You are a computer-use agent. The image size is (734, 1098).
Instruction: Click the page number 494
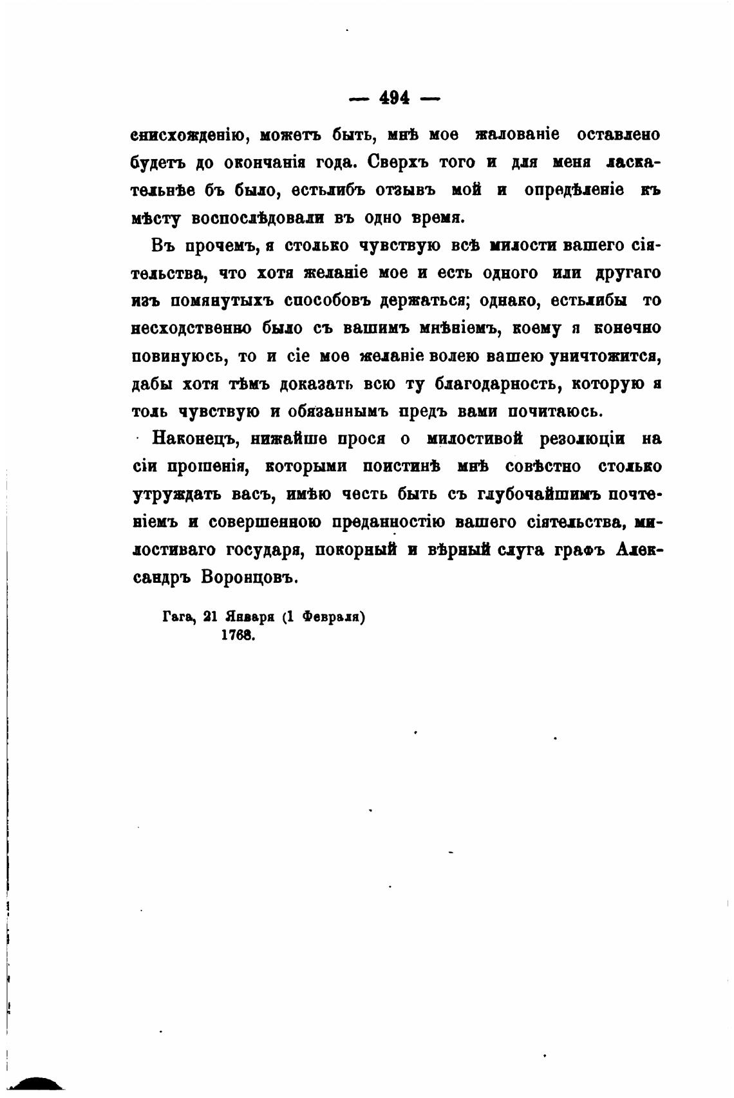coord(394,98)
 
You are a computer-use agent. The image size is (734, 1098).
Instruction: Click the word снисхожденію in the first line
coord(187,136)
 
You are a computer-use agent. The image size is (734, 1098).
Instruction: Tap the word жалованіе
coord(516,135)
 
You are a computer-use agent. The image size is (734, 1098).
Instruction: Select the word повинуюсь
coord(178,356)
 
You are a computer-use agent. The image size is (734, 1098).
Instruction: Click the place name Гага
coord(178,617)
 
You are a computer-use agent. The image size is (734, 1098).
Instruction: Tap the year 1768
coord(238,635)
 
